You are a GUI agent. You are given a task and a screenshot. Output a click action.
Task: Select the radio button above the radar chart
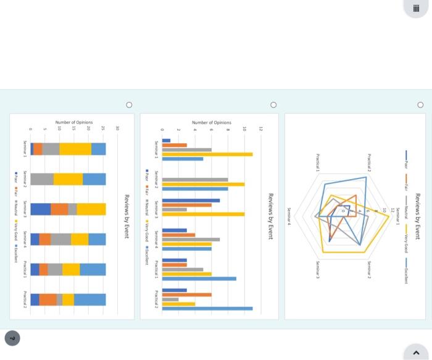[420, 105]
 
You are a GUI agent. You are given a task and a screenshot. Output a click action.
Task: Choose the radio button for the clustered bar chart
[273, 105]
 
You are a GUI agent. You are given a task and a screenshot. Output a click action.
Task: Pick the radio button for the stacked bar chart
[129, 105]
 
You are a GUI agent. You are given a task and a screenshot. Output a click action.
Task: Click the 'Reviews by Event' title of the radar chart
[417, 216]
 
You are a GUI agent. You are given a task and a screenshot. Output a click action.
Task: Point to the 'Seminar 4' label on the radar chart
[288, 216]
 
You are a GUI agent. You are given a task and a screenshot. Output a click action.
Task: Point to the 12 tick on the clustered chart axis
[261, 129]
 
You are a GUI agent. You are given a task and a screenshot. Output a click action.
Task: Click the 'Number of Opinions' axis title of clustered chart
[211, 123]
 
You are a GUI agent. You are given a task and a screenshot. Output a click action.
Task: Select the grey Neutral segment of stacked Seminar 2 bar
[42, 179]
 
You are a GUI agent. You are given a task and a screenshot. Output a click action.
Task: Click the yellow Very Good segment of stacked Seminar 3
[91, 209]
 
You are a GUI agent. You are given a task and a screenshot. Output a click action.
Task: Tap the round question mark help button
[12, 338]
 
